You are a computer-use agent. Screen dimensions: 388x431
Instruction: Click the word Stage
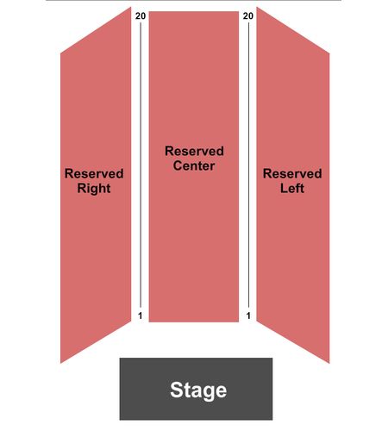198,390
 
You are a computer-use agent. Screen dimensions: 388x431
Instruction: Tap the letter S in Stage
176,390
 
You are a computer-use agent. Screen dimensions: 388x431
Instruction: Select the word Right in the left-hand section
94,189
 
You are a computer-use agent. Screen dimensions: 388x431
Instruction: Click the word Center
194,166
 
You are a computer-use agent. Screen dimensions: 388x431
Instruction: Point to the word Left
292,188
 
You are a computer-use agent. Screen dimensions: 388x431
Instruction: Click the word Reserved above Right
94,173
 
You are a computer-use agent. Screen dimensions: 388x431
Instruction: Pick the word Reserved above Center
194,151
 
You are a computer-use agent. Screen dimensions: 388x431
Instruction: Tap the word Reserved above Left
292,173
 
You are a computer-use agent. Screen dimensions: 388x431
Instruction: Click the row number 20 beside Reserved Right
141,16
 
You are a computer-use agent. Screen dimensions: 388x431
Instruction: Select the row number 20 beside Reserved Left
248,16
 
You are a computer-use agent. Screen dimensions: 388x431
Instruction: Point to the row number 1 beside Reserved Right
141,315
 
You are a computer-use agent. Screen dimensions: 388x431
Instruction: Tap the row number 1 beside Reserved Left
248,315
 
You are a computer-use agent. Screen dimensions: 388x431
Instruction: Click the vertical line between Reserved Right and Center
141,165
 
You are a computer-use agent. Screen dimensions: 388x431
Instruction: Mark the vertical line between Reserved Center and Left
248,165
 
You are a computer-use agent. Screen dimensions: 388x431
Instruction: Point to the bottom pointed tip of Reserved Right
60,363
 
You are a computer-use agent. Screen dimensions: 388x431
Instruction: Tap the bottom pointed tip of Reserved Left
329,363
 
